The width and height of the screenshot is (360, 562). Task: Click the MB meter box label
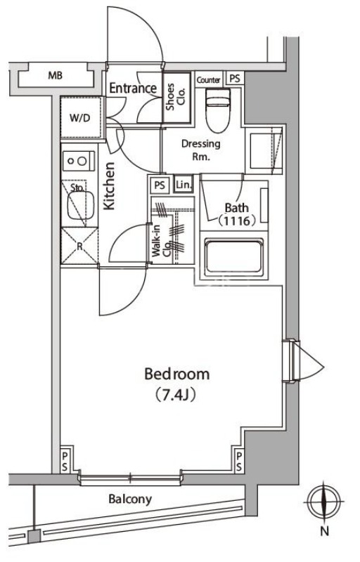pos(56,76)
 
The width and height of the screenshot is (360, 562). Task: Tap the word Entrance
pos(133,89)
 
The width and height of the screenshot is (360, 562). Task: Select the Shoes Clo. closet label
pos(175,97)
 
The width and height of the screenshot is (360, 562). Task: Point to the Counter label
pos(208,80)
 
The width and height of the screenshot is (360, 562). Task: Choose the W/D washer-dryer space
pos(80,117)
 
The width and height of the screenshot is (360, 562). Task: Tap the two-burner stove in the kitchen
pos(79,161)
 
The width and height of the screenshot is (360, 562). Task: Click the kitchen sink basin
pos(81,204)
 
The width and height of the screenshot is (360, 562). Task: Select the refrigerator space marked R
pos(79,246)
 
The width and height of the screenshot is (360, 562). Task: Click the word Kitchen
pos(109,185)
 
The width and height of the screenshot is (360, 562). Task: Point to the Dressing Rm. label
pos(201,150)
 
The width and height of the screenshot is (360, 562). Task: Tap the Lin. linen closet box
pos(184,185)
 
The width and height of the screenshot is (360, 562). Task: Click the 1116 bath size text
pos(237,221)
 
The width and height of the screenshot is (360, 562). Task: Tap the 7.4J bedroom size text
pos(176,395)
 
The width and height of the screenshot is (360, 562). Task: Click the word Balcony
pos(130,499)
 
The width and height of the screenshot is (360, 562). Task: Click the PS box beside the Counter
pos(235,79)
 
